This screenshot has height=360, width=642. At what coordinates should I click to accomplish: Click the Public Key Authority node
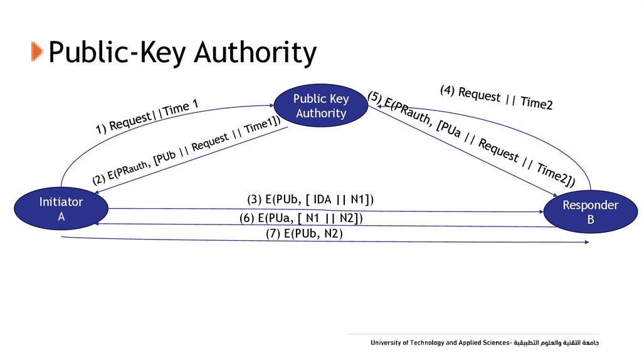click(x=321, y=106)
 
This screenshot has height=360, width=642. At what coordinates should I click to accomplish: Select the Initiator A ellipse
click(x=61, y=209)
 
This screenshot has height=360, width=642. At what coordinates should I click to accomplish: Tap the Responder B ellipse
click(x=591, y=213)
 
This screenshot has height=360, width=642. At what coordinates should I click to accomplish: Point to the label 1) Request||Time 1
click(x=147, y=117)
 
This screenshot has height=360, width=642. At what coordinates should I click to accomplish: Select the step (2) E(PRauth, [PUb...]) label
click(x=186, y=151)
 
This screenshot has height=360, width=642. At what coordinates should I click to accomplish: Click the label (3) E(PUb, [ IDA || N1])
click(x=310, y=200)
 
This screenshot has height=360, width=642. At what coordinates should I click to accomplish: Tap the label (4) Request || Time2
click(x=496, y=97)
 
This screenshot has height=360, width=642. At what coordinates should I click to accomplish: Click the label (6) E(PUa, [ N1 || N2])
click(x=301, y=218)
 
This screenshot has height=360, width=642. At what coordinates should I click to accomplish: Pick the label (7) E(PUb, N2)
click(x=305, y=233)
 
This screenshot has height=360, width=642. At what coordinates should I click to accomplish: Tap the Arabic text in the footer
click(x=558, y=343)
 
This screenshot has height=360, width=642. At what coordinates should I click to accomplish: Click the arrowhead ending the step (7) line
click(x=586, y=242)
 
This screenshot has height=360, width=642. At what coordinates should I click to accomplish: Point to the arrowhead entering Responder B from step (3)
click(x=542, y=211)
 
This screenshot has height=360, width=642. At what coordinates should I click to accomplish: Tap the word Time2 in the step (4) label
click(x=536, y=104)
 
